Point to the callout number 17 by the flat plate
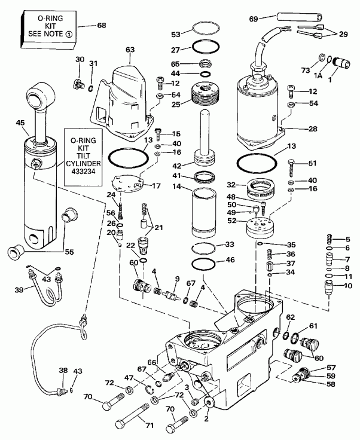(x=157, y=186)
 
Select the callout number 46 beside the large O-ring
(x=230, y=261)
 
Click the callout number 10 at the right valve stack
(x=348, y=285)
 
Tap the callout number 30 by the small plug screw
(x=80, y=60)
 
